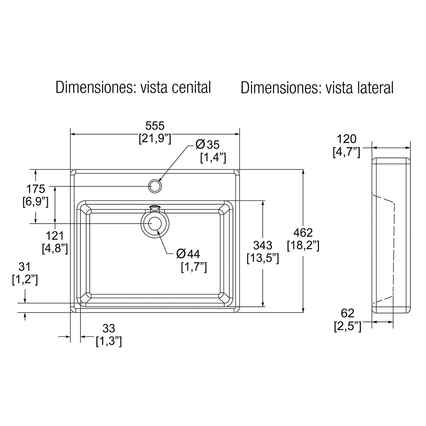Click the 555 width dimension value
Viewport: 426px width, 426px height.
[155, 125]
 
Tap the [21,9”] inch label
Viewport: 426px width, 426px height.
[155, 138]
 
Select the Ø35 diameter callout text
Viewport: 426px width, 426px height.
[208, 144]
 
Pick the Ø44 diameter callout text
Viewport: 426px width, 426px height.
[189, 253]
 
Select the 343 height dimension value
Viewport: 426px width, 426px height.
[262, 245]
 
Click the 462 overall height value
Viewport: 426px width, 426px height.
[303, 233]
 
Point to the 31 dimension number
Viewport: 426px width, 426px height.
[25, 267]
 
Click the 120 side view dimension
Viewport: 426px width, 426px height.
[346, 139]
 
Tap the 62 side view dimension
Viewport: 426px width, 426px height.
[348, 313]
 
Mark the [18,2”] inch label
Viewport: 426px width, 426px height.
[303, 245]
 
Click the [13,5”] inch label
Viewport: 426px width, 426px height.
[262, 258]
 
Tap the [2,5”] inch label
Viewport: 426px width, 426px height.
[348, 326]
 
